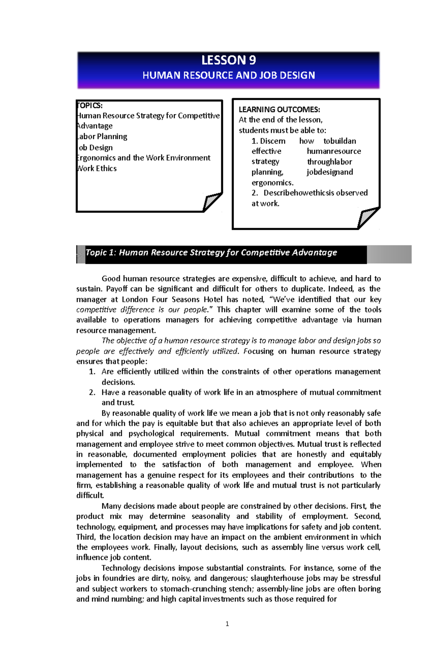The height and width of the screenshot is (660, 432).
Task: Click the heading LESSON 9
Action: pos(228,60)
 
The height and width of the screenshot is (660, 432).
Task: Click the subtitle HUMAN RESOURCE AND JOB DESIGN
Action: pos(229,75)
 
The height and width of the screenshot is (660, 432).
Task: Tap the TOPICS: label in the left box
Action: pos(90,105)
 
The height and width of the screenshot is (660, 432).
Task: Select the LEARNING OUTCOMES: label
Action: pos(279,109)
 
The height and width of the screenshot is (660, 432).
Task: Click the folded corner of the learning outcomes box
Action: pos(368,217)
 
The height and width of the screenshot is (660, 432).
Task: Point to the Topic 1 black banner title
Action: pos(211,252)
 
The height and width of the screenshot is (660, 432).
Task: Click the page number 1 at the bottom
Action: pos(227,624)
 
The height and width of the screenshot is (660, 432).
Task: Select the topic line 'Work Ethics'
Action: pos(97,168)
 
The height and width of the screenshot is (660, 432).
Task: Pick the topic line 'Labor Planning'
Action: pos(102,137)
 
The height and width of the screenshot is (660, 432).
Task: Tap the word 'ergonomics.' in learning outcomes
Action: pos(272,183)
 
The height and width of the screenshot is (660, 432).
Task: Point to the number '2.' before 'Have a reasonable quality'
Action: pos(92,392)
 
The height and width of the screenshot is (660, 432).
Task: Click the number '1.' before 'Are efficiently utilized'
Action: pos(92,372)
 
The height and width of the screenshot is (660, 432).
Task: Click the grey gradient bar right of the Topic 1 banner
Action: pos(389,254)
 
